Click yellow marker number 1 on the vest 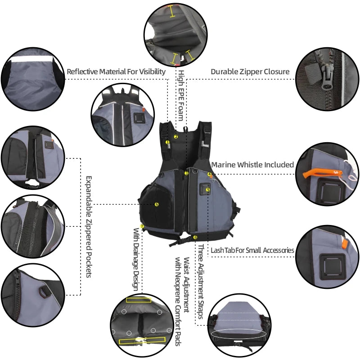(167, 142)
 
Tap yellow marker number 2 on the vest (176, 136)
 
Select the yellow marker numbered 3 (186, 173)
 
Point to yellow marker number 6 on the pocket (157, 204)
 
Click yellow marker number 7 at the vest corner (142, 226)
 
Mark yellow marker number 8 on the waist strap (195, 237)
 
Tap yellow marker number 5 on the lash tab (208, 190)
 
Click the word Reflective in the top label (83, 72)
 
